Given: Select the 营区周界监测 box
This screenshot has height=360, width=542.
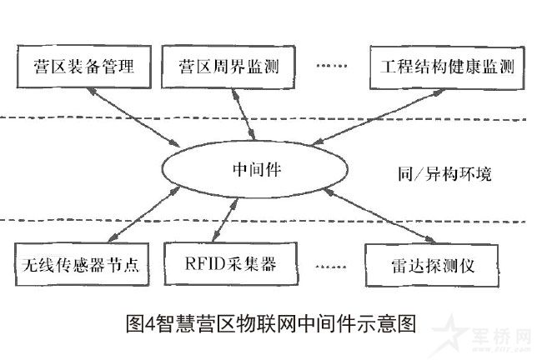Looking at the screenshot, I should pos(228,65).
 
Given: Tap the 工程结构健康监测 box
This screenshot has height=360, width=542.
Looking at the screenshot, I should pos(447,66).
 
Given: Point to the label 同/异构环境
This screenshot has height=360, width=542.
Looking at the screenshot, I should pos(444,174).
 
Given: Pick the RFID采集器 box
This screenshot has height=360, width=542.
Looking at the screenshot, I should pos(231,265).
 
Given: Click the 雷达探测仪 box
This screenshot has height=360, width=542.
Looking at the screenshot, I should pos(432,267).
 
